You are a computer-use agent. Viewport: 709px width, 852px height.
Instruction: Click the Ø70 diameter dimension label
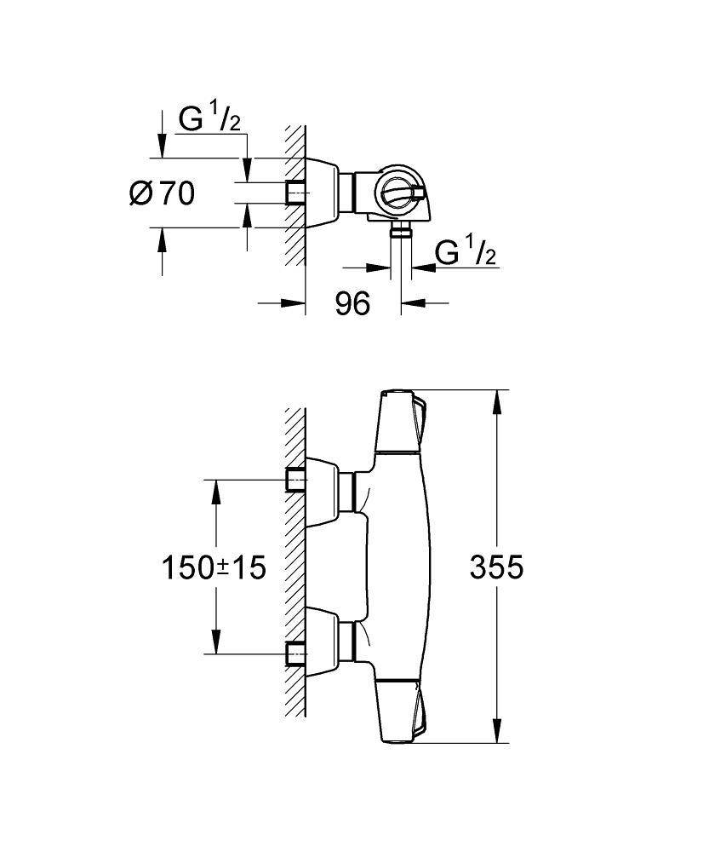(162, 193)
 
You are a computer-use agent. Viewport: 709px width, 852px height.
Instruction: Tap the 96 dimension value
(352, 302)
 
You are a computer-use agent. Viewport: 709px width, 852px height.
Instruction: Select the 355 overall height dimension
(497, 567)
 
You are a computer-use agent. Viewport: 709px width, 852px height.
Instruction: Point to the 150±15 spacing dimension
(214, 567)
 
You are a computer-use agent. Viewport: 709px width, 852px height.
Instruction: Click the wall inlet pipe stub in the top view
(294, 193)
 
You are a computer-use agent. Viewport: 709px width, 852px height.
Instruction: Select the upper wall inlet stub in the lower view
(294, 481)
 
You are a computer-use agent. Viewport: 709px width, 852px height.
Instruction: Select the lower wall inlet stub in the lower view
(294, 653)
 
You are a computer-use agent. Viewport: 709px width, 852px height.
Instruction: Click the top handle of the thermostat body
(400, 422)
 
